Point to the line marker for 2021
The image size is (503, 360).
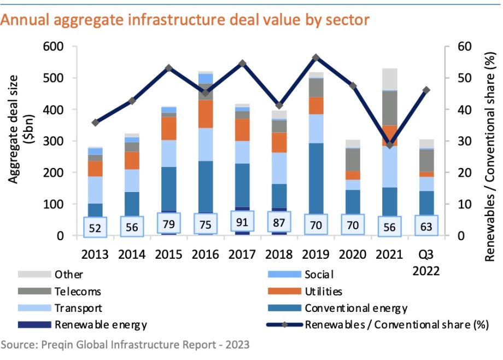(x=390, y=144)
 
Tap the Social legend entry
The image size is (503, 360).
(x=319, y=274)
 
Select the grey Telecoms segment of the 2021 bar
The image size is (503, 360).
(x=389, y=108)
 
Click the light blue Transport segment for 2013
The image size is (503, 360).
(x=96, y=189)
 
